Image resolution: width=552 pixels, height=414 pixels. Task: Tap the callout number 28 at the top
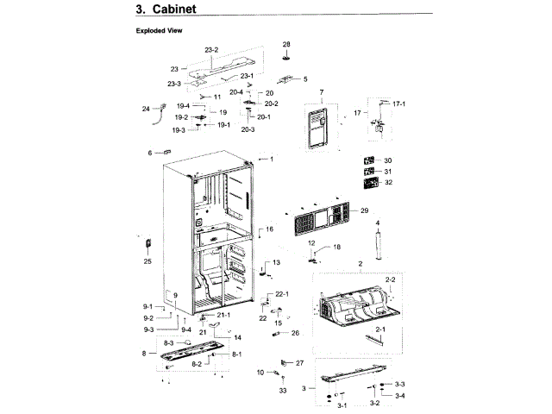287,44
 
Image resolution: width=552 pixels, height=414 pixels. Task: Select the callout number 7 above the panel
321,92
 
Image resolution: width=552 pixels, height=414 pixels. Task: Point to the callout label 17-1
398,103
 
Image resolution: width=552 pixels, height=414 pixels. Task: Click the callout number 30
388,160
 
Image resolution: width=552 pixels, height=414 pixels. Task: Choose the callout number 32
388,182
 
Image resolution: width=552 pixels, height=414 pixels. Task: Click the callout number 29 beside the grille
364,211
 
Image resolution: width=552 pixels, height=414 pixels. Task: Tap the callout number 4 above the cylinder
377,223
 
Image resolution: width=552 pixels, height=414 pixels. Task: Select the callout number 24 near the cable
146,109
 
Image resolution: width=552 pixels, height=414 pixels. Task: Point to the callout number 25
147,261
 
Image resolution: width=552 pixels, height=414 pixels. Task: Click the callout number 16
269,229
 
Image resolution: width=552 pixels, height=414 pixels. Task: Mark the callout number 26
295,332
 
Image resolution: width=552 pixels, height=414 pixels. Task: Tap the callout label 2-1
379,329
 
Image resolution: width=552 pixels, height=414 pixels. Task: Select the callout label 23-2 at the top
211,50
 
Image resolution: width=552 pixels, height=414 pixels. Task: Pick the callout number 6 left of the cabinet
149,153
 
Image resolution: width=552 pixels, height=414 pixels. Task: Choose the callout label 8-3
168,343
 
